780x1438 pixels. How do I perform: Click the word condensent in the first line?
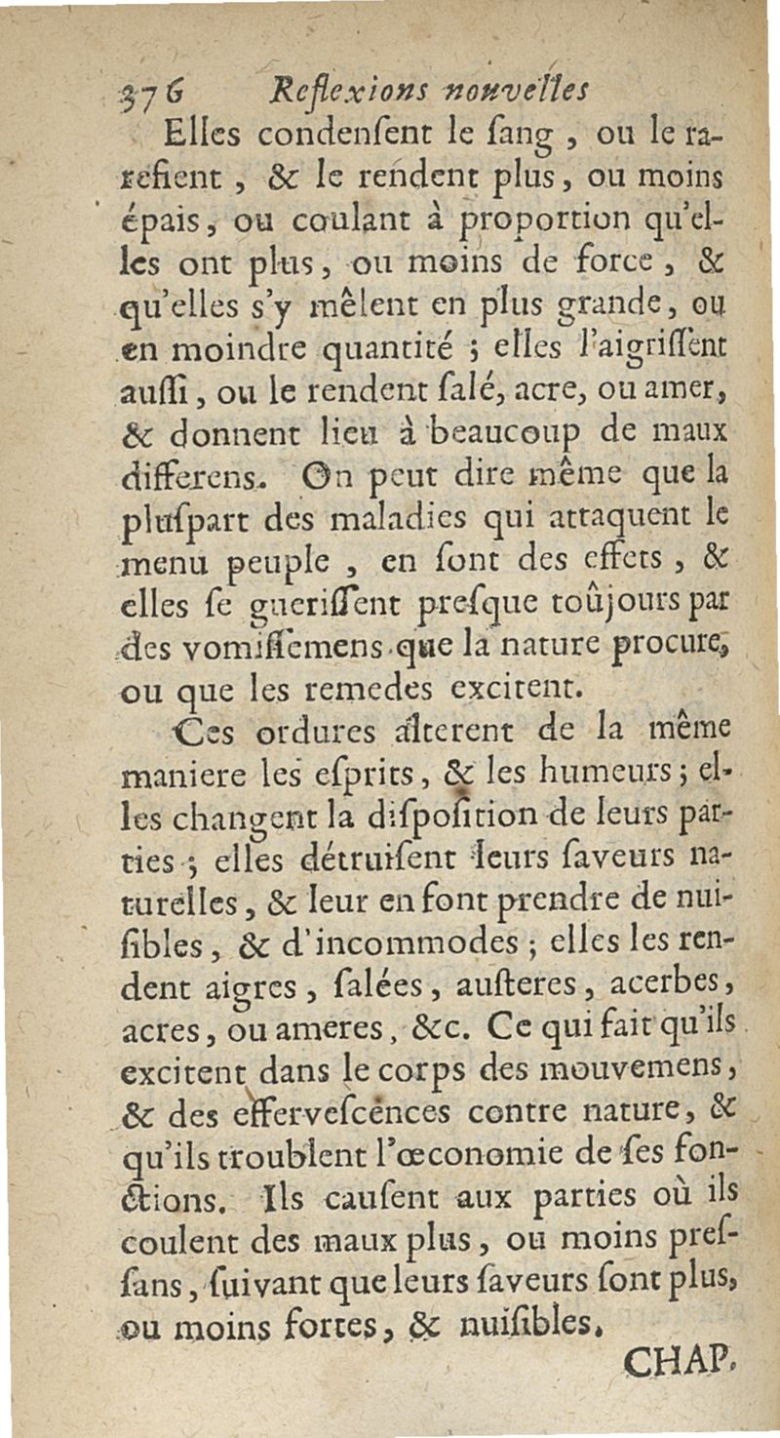click(x=298, y=135)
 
